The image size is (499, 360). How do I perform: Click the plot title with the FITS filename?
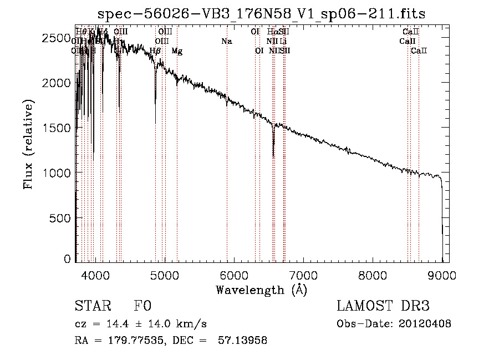coord(261,14)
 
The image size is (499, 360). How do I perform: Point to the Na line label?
coord(226,42)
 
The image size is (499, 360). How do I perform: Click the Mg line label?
coord(177,51)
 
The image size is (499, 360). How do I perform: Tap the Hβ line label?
coord(155,51)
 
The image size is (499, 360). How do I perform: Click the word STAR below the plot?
coord(92,307)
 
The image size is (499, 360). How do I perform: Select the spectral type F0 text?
coord(142,307)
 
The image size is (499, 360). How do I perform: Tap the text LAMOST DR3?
coord(383,307)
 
